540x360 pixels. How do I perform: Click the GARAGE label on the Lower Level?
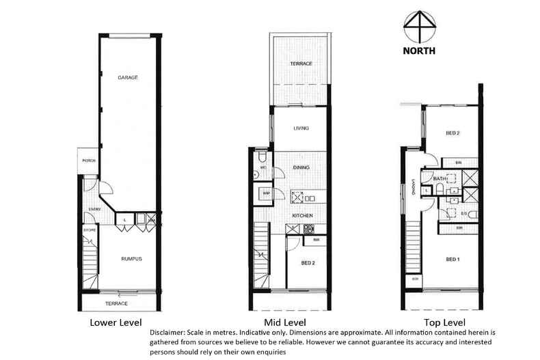pyautogui.click(x=127, y=78)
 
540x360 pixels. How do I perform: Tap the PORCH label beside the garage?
pyautogui.click(x=88, y=161)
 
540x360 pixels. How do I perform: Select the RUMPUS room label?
pyautogui.click(x=131, y=258)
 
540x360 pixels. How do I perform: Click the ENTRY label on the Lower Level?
pyautogui.click(x=94, y=209)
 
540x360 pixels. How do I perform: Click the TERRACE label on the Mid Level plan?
pyautogui.click(x=301, y=64)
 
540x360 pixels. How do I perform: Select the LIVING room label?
pyautogui.click(x=301, y=128)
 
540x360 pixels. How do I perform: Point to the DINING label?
pyautogui.click(x=301, y=167)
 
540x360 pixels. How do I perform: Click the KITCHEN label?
pyautogui.click(x=302, y=216)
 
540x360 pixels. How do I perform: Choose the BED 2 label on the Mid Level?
pyautogui.click(x=308, y=263)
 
